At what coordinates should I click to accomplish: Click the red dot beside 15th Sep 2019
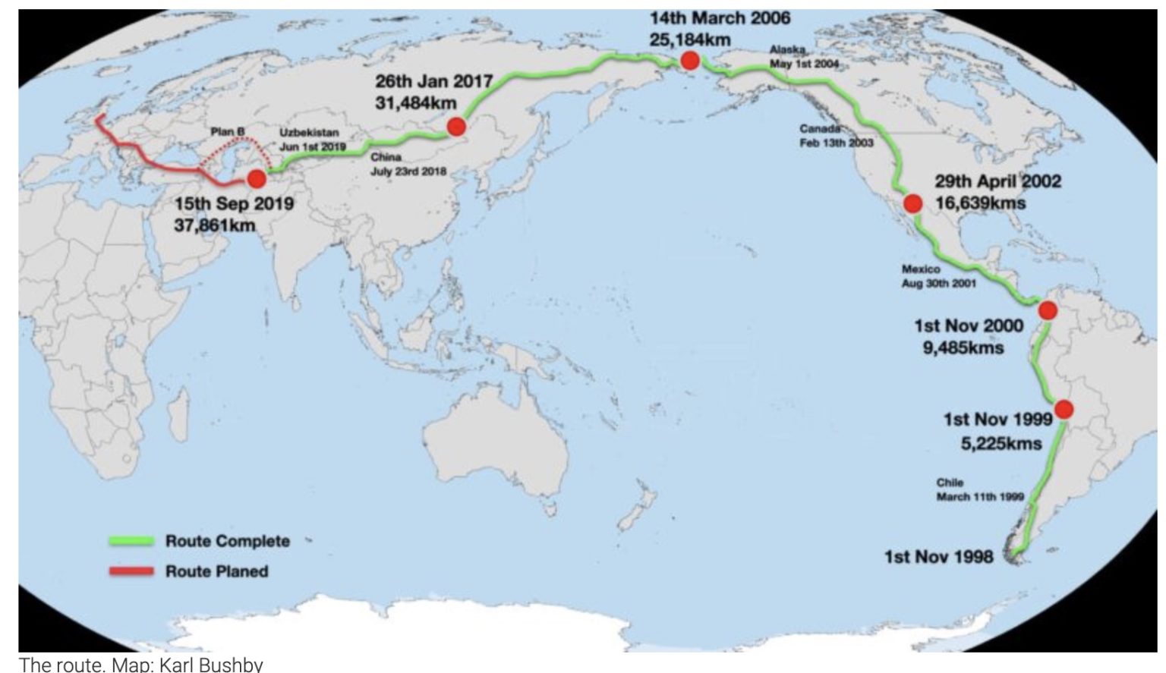tap(257, 179)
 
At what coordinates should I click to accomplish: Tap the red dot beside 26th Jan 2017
tap(456, 127)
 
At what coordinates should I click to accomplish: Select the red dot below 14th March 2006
tap(690, 61)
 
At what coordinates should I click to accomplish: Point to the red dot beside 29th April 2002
tap(912, 203)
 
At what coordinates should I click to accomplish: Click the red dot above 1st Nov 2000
tap(1048, 310)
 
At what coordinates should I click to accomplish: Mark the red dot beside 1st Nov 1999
tap(1064, 410)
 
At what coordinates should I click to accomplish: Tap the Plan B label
tap(228, 132)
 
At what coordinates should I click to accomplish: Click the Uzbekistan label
tap(309, 133)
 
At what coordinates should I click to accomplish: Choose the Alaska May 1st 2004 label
tap(805, 57)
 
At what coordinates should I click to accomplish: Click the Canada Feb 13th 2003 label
tap(836, 136)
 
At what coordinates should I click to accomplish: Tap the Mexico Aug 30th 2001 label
tap(938, 276)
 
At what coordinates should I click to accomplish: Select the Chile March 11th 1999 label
tap(979, 490)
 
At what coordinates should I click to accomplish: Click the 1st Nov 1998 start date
tap(938, 558)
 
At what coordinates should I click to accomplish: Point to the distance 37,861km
tap(215, 225)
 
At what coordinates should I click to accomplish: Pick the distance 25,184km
tap(690, 39)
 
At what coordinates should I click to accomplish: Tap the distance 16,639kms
tap(980, 203)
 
